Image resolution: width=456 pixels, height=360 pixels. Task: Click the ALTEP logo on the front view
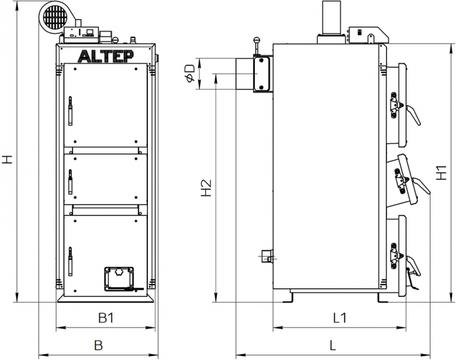tap(106, 56)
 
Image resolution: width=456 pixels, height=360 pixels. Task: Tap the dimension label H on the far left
tap(7, 159)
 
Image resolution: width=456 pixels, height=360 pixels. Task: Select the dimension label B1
tap(106, 318)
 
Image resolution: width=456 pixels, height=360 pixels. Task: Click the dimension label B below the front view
tap(98, 345)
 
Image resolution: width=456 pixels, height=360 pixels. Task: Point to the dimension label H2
tap(207, 188)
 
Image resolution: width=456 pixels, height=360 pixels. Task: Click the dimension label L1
tap(339, 318)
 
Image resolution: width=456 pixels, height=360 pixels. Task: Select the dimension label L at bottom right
tap(333, 345)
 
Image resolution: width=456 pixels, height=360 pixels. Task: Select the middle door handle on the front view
tap(69, 180)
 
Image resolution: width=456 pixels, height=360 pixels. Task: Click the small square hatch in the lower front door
tap(118, 277)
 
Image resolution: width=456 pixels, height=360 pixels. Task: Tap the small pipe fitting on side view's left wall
tap(265, 256)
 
